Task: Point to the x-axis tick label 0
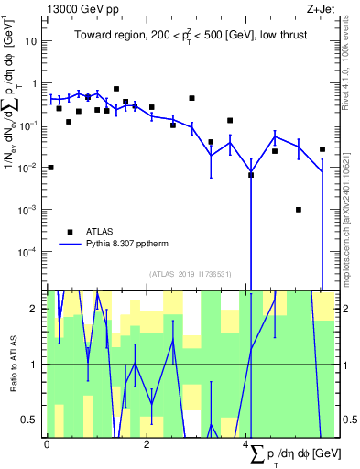[x=47, y=444]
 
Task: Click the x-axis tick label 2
[x=147, y=444]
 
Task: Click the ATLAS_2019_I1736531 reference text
[x=183, y=274]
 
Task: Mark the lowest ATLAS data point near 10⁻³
[x=299, y=210]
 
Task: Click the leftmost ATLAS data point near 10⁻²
[x=50, y=168]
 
